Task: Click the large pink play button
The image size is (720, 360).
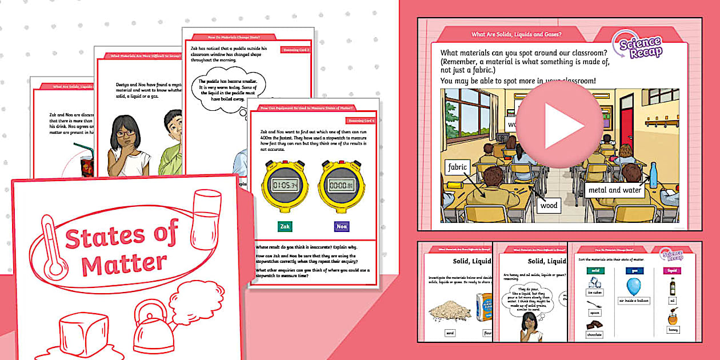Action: tap(559, 126)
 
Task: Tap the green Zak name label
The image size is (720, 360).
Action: tap(285, 226)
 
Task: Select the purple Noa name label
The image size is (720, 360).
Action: tap(342, 226)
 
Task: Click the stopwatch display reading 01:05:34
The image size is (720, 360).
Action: tap(285, 185)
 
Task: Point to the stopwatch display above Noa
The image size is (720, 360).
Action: tap(342, 185)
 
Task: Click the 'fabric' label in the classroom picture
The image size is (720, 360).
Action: tap(458, 167)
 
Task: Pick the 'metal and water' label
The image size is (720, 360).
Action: tap(614, 190)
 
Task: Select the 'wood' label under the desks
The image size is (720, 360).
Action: tap(548, 205)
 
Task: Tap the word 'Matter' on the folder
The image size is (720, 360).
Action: tap(123, 262)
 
